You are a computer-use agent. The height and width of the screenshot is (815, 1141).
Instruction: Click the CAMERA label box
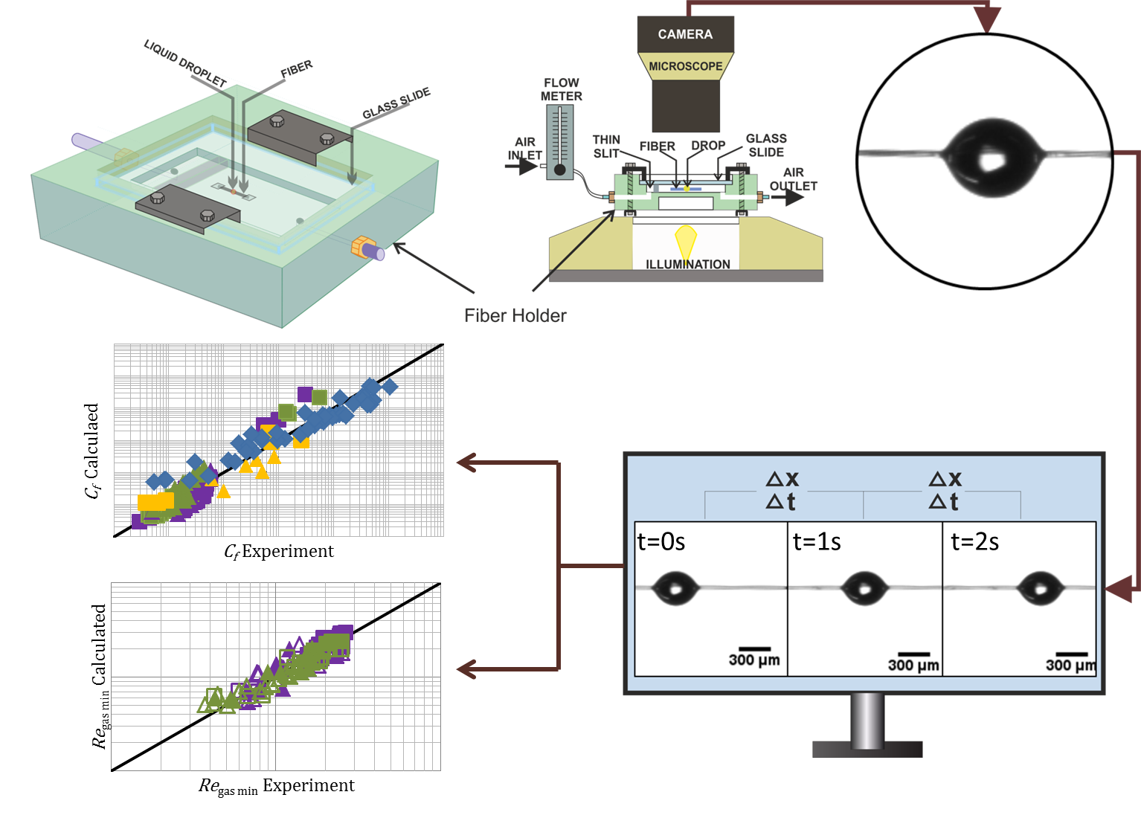point(685,34)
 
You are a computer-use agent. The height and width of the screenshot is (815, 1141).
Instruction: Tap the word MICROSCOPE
point(685,66)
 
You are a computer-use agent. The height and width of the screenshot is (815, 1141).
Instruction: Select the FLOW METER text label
point(562,89)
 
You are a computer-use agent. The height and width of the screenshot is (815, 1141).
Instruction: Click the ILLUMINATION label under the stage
point(687,264)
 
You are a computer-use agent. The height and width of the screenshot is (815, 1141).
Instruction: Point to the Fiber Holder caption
point(515,315)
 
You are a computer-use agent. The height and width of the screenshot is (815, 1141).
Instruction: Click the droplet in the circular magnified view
point(991,158)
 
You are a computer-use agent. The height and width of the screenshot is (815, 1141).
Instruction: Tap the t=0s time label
point(661,542)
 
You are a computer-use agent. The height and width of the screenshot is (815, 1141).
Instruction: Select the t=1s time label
point(817,542)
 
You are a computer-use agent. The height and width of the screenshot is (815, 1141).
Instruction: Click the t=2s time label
point(974,542)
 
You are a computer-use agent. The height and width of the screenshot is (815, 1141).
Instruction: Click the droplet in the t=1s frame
point(865,588)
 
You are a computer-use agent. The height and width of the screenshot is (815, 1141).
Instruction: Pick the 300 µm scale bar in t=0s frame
point(754,649)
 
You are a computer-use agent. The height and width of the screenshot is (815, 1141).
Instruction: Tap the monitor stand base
point(867,749)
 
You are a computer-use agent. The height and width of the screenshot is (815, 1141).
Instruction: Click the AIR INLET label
point(524,148)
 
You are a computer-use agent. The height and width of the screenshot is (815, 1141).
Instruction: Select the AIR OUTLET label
point(793,178)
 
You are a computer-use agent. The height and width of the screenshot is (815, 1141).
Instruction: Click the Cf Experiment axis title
point(279,552)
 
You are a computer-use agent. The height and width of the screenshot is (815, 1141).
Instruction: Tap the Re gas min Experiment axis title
point(277,786)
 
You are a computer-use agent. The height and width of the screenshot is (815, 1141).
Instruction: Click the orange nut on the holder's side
point(361,246)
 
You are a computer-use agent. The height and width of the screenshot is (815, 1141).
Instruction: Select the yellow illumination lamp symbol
point(685,241)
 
